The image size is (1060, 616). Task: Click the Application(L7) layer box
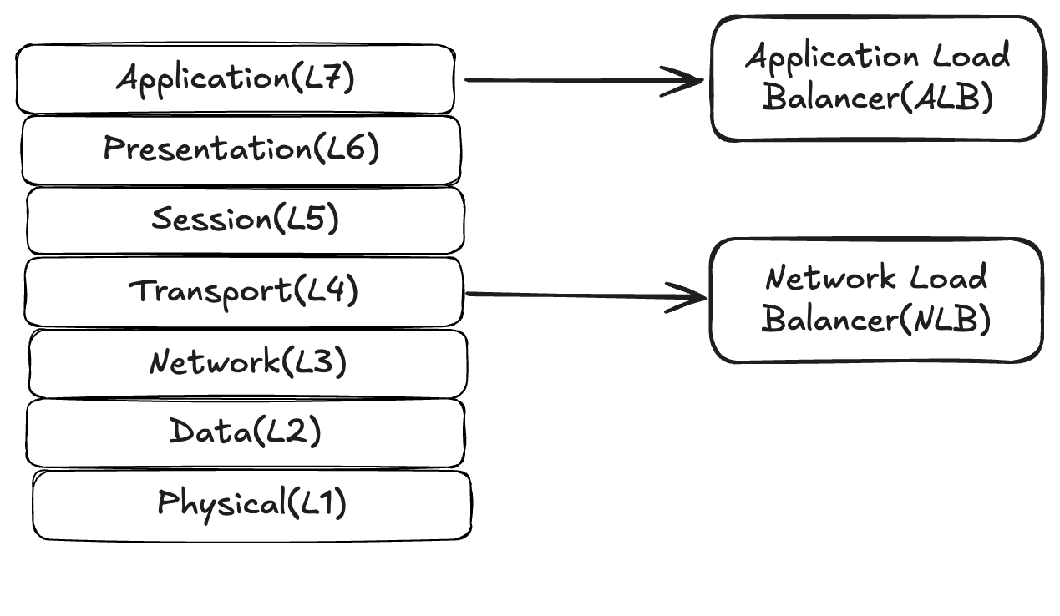(235, 79)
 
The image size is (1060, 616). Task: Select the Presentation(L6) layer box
(241, 149)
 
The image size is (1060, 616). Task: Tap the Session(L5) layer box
(245, 220)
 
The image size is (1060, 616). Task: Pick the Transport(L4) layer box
(243, 291)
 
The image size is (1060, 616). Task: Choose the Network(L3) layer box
(247, 363)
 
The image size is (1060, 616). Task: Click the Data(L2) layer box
(245, 432)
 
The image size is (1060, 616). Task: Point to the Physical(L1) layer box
(251, 504)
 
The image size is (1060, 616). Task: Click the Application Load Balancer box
(877, 78)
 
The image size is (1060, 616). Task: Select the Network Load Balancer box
(876, 300)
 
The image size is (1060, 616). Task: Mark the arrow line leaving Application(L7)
(568, 81)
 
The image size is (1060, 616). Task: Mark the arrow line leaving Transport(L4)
(568, 295)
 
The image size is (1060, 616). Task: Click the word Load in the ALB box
(971, 57)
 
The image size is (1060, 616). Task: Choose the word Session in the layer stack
(211, 220)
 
